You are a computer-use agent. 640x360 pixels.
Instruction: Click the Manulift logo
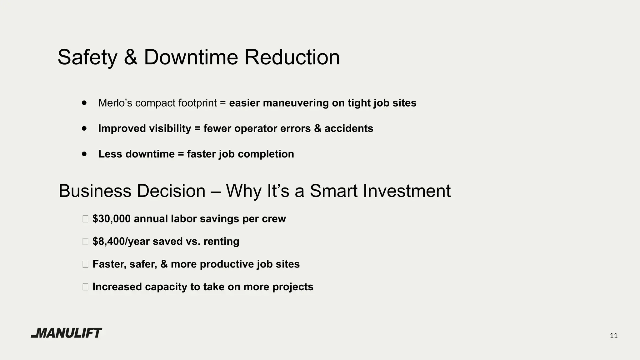click(67, 333)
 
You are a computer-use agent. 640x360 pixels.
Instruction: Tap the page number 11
click(613, 336)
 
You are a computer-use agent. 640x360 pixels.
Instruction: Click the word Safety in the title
click(87, 57)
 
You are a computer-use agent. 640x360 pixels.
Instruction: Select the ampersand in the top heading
click(130, 57)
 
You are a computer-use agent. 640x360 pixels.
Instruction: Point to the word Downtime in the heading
click(191, 57)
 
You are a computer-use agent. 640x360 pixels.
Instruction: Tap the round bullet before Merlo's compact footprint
click(84, 102)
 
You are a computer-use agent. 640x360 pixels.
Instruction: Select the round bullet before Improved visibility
click(84, 128)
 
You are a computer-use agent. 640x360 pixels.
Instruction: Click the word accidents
click(349, 128)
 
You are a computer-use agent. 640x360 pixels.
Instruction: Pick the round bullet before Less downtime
click(84, 154)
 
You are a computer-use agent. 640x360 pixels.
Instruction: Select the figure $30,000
click(112, 219)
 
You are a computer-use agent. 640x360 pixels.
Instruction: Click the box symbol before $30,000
click(85, 219)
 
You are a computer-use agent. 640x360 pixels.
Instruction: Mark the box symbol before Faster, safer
click(85, 264)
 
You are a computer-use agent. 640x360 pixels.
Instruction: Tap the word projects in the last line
click(293, 287)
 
